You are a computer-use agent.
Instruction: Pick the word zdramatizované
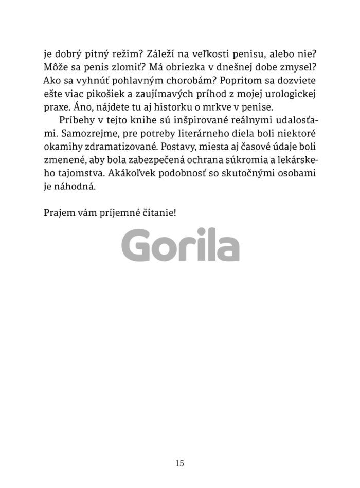tap(115, 146)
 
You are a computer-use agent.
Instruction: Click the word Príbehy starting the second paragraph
tap(77, 119)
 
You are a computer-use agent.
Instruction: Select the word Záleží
tap(164, 52)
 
